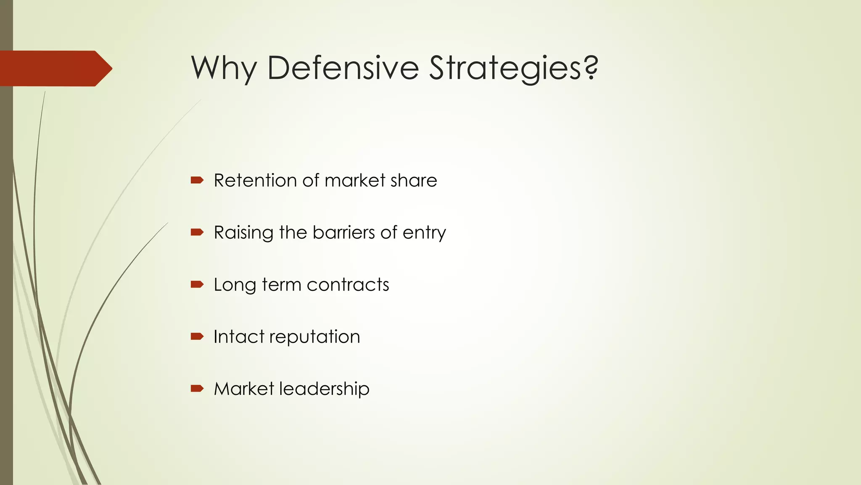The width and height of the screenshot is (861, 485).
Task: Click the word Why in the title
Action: pos(224,68)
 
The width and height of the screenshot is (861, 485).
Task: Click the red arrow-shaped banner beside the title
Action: pos(55,69)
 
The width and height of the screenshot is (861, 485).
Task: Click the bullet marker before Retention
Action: pos(197,181)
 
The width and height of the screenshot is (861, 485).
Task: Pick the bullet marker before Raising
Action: pos(197,232)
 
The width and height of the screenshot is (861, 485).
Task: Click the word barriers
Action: pos(343,232)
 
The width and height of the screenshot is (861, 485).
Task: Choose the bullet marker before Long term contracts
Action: pos(197,285)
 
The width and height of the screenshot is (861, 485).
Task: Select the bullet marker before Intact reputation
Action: pos(197,336)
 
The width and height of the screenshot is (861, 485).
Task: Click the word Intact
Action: pos(239,337)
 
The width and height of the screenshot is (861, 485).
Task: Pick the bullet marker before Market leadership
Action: pos(197,389)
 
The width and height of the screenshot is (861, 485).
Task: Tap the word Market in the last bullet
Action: pos(244,389)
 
